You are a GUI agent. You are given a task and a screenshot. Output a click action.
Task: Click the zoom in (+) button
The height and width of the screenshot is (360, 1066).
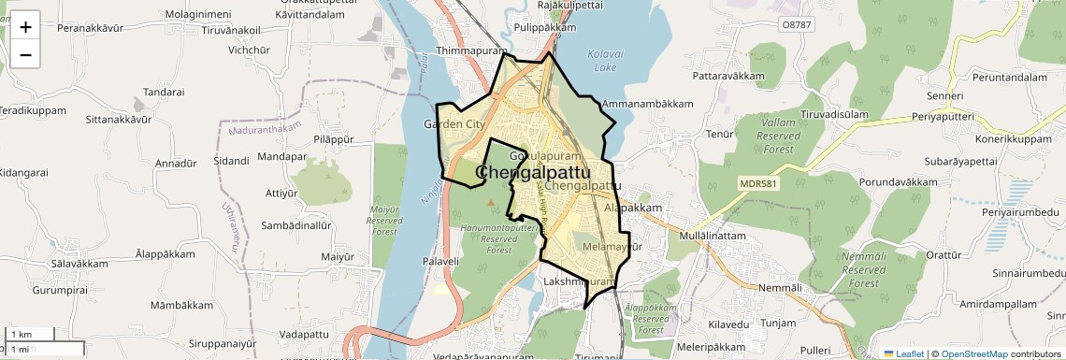click(x=25, y=27)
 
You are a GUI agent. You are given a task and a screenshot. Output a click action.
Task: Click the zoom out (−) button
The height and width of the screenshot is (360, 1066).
click(x=25, y=55)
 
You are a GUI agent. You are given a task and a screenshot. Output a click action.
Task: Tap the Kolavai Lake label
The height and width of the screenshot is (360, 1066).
click(x=603, y=61)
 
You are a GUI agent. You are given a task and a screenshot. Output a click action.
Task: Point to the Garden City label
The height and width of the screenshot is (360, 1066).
click(x=454, y=124)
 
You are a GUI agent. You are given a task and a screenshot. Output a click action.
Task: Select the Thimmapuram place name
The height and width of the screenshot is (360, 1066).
click(x=471, y=51)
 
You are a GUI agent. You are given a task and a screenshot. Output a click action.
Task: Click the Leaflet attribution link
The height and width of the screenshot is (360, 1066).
click(x=903, y=353)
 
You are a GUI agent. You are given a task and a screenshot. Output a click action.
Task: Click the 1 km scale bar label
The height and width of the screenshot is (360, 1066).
click(x=22, y=335)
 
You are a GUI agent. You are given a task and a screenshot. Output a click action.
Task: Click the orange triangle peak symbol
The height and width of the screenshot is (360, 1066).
click(x=491, y=201)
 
